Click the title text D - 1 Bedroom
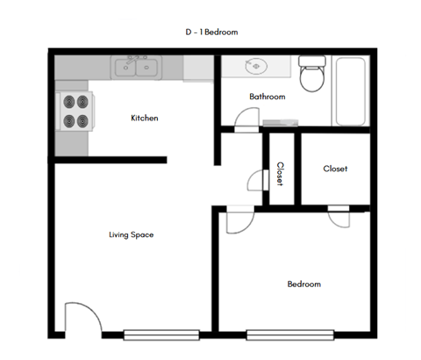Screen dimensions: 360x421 pyautogui.click(x=211, y=32)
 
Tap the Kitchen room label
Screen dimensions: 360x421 pyautogui.click(x=145, y=118)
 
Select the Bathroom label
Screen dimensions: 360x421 pyautogui.click(x=268, y=97)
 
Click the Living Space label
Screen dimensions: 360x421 pyautogui.click(x=132, y=234)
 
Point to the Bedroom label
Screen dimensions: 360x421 pyautogui.click(x=304, y=284)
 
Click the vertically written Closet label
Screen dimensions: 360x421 pyautogui.click(x=280, y=174)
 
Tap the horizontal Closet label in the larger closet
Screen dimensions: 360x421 pyautogui.click(x=336, y=169)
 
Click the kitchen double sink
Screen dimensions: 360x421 pyautogui.click(x=135, y=66)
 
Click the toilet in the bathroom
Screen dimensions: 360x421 pyautogui.click(x=310, y=76)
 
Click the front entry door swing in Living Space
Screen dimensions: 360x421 pyautogui.click(x=76, y=318)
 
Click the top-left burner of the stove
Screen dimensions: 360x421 pyautogui.click(x=68, y=102)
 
